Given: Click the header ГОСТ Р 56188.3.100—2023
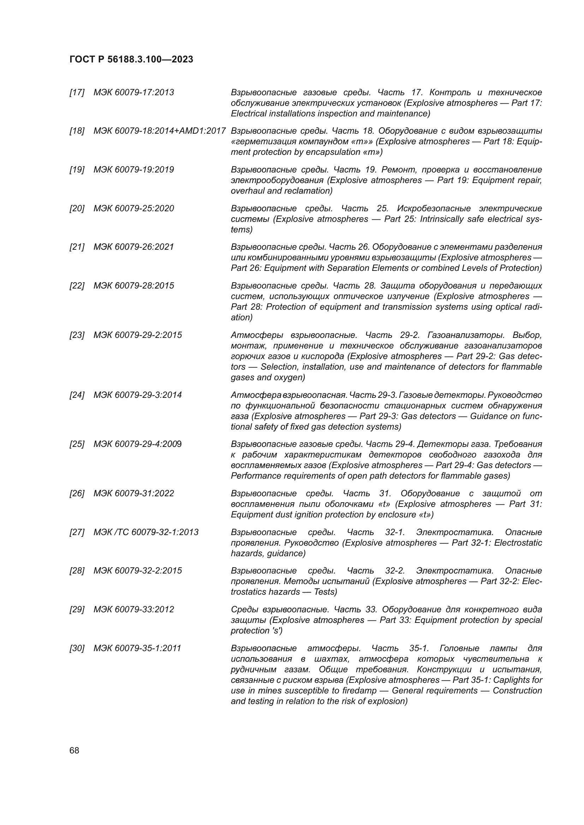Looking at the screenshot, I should [131, 59].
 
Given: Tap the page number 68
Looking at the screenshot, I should [75, 750].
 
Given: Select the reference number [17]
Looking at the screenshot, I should [77, 92].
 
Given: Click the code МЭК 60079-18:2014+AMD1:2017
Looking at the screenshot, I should [159, 131].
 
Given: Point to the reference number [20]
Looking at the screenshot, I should [77, 208].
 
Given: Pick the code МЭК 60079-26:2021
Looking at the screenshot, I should [133, 247].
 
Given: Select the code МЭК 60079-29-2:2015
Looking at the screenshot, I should [138, 335].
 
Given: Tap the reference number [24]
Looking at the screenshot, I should [77, 395].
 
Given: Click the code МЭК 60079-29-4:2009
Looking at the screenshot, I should [138, 444].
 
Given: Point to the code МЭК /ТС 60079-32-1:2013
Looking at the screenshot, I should [146, 532].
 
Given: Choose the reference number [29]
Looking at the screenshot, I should [77, 609].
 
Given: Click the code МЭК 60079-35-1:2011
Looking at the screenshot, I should [137, 648].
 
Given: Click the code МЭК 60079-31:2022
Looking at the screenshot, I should [133, 493].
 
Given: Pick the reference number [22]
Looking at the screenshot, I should [77, 286].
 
